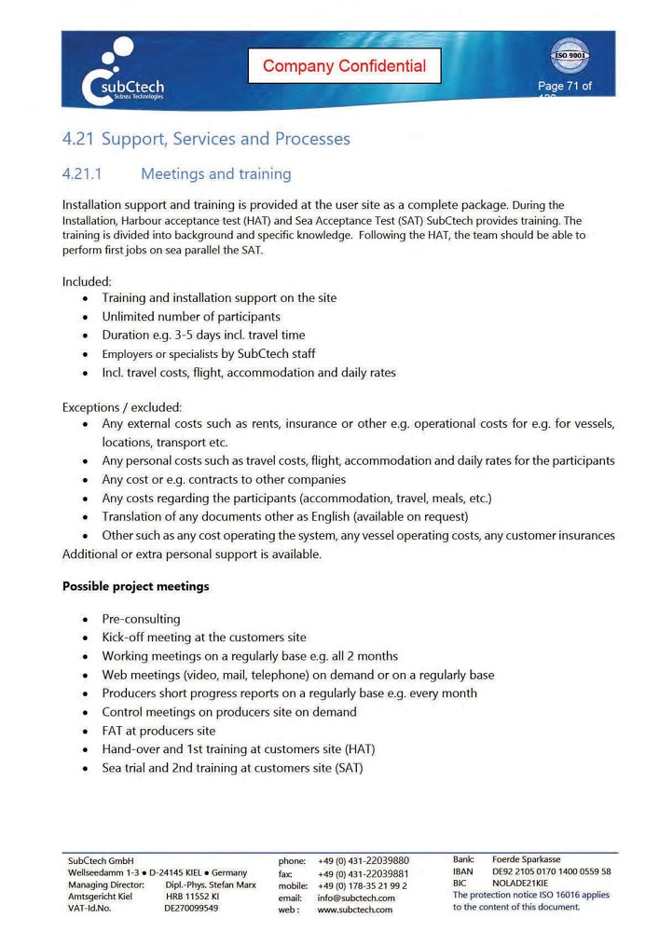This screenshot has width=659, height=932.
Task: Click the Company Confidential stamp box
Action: (344, 65)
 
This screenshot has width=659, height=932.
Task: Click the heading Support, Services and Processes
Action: (226, 139)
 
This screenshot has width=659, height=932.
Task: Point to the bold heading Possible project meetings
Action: (135, 586)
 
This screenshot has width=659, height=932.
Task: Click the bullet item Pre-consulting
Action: (141, 619)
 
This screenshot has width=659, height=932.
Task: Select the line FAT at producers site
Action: (158, 731)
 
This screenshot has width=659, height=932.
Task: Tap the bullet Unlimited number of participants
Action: (191, 317)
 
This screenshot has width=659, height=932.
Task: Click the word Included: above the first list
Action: (87, 281)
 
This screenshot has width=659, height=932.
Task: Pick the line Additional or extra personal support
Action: (191, 555)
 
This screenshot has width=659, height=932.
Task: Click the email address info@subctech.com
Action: (356, 898)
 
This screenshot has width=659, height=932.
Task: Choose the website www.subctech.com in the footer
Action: (354, 910)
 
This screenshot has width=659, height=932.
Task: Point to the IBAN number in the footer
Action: (551, 871)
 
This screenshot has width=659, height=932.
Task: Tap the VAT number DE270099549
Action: (191, 908)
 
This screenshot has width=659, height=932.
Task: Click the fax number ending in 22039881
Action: (363, 873)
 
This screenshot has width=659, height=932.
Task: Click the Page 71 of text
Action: (564, 87)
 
